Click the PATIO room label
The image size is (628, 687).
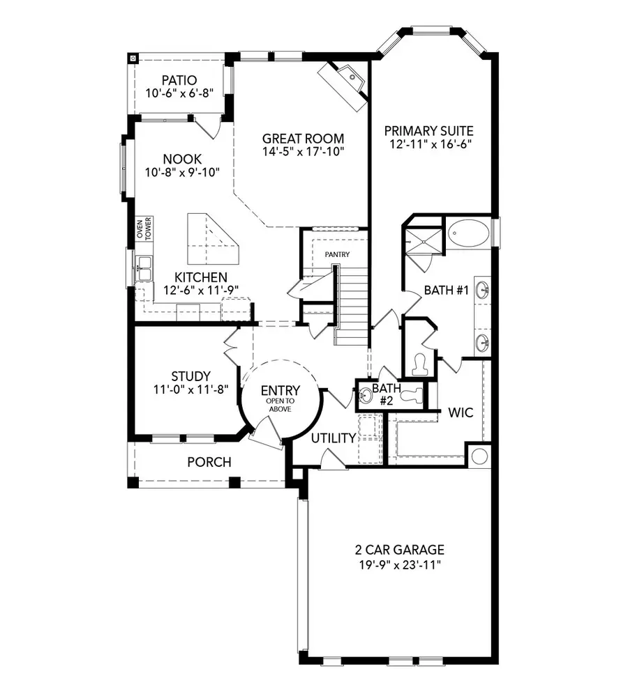179,80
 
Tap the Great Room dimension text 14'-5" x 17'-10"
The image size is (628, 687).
304,151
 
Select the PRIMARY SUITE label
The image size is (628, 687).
428,130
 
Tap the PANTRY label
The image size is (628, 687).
336,255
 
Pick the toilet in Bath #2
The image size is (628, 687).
416,395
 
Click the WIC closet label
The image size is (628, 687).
460,412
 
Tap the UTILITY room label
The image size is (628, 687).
334,438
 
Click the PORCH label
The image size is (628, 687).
209,463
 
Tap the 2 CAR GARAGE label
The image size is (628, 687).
398,550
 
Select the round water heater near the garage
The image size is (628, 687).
479,456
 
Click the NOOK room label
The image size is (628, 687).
182,160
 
